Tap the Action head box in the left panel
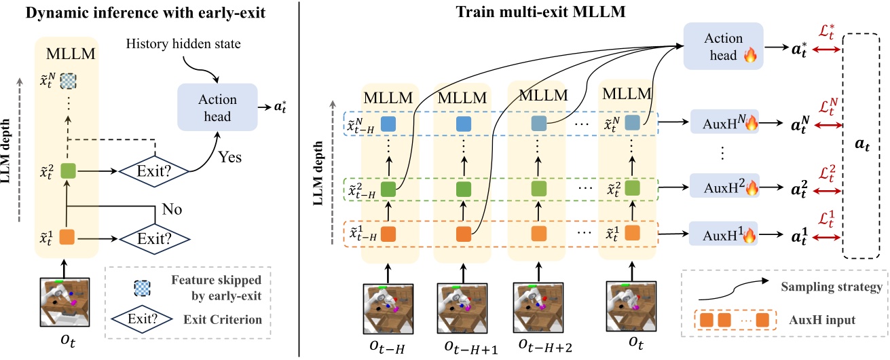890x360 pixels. [x=218, y=107]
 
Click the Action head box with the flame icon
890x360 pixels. [x=723, y=45]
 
